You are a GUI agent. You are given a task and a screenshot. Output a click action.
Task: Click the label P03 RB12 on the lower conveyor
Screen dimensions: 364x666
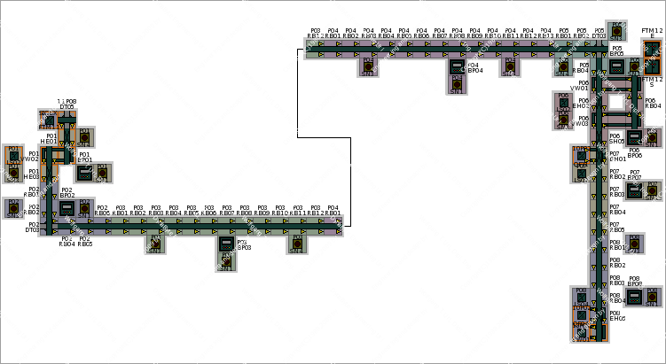coord(316,211)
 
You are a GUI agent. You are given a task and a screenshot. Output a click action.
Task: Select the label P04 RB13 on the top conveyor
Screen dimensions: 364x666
coord(545,33)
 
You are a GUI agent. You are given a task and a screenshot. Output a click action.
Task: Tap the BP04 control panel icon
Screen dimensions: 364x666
coord(457,66)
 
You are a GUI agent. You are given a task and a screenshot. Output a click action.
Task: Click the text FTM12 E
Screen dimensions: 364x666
coord(652,33)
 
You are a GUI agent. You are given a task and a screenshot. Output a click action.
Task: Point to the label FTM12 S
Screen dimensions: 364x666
coord(653,82)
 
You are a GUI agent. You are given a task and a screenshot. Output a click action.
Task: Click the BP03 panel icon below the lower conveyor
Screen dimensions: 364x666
coord(226,244)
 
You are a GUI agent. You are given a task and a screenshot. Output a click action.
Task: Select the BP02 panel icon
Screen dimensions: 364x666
coord(66,208)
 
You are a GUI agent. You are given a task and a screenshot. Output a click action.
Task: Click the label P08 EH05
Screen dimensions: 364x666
coord(616,315)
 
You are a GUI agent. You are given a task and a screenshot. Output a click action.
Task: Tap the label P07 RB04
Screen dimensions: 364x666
coord(616,210)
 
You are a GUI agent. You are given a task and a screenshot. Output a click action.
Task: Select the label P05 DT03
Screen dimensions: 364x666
coord(599,33)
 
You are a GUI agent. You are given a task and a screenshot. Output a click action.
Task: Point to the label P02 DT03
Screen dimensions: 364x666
coord(33,227)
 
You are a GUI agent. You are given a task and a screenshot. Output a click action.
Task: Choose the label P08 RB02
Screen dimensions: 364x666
coord(616,262)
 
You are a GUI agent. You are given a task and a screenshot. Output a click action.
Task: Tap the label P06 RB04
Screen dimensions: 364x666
coord(652,104)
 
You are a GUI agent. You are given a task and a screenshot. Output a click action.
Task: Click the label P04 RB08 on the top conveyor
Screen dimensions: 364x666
coord(457,33)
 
